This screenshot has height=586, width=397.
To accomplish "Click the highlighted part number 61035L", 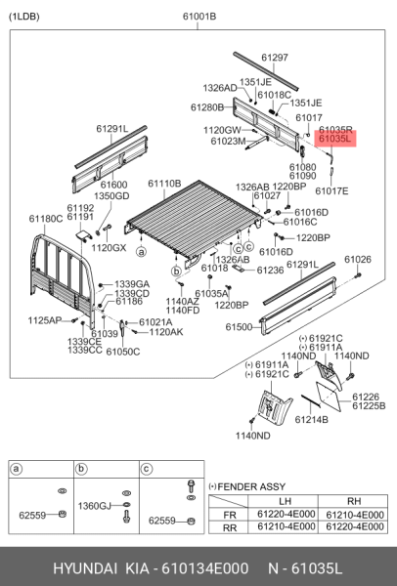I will pos(335,141).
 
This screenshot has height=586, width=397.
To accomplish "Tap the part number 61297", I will pos(274,59).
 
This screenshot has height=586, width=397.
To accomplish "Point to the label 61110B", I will pos(164,184).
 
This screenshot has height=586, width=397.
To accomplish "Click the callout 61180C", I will pos(46,219).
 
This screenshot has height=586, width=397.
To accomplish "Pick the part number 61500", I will pos(240,326).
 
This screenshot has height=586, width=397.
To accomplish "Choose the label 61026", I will pos(358,259).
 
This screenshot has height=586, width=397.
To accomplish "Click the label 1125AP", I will pos(44,320).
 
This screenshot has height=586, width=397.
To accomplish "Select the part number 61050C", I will pos(123,351).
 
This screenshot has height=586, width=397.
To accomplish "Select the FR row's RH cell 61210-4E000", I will pos(360,513).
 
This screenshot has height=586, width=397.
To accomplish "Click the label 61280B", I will pos(207,106).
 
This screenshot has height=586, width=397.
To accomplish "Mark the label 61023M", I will pos(228,142).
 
